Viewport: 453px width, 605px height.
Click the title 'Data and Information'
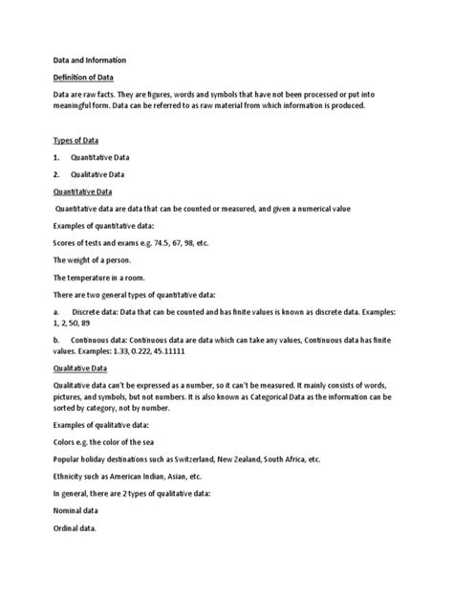click(x=89, y=60)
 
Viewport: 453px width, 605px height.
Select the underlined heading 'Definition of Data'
click(x=85, y=78)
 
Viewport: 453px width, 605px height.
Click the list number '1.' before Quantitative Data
click(x=57, y=158)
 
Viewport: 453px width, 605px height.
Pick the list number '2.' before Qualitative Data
click(x=57, y=176)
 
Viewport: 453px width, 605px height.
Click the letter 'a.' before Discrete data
click(x=56, y=313)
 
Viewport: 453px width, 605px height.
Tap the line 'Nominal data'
click(x=78, y=511)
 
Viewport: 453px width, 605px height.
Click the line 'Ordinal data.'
click(x=77, y=529)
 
